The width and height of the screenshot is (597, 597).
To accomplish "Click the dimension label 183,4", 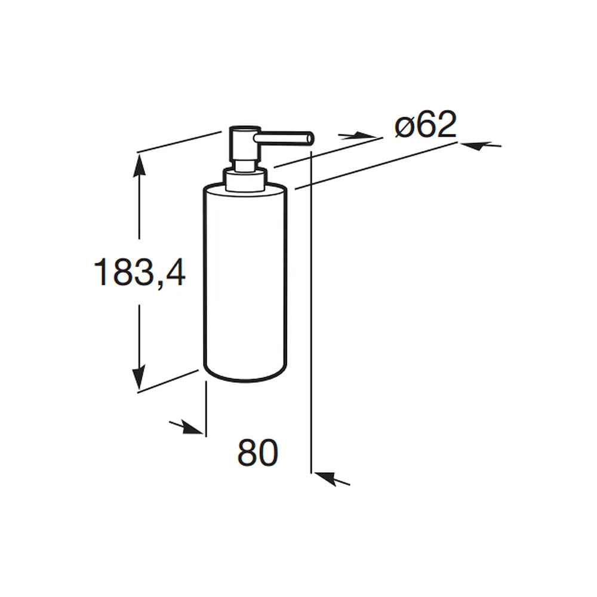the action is coord(139,272).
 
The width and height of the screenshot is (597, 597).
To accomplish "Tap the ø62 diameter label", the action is coord(426,124).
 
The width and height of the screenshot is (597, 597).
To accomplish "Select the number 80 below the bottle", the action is coord(258,453).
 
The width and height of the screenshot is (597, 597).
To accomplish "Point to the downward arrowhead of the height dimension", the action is coord(139,377).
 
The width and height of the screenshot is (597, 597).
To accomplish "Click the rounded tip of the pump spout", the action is coord(310,138).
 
